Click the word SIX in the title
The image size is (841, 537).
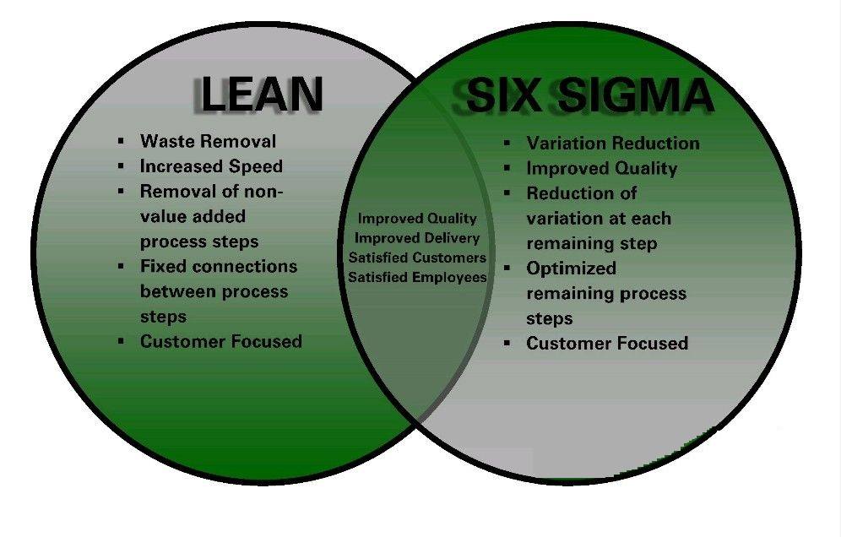[x=502, y=95]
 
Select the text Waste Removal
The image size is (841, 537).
[x=208, y=141]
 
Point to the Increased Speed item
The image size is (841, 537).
[x=211, y=166]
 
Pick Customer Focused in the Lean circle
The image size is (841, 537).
[x=221, y=341]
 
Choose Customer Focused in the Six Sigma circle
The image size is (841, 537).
[x=607, y=343]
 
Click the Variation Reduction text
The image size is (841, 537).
[x=613, y=144]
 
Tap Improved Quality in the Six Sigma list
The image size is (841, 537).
[x=602, y=169]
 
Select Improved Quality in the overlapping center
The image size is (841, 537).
[x=417, y=219]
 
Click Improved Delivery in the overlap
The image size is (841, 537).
[x=417, y=237]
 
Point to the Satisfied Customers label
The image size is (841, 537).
[x=417, y=258]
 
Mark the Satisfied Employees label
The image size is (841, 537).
[x=417, y=277]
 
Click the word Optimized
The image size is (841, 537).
[x=571, y=268]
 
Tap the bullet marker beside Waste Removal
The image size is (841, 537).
[x=122, y=140]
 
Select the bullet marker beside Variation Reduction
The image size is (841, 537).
[x=507, y=143]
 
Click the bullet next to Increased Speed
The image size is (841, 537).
[x=122, y=165]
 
